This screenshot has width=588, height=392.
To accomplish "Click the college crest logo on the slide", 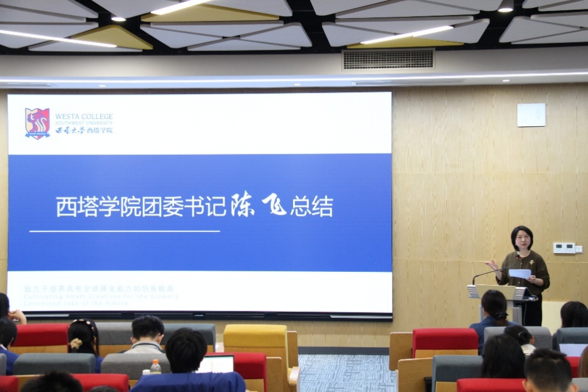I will coord(38,123).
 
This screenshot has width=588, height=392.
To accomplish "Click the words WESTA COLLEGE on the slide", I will coord(84,116).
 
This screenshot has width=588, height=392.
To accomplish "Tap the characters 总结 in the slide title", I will coord(311,207).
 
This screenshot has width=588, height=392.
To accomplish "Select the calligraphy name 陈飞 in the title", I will coord(258,206).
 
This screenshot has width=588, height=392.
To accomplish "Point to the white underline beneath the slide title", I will coord(124,231).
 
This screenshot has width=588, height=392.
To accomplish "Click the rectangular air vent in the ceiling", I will coord(388,59).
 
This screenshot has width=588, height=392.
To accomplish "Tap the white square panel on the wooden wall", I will coord(531,115).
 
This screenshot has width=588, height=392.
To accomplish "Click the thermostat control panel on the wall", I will coord(564,248).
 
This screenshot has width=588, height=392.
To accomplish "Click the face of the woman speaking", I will coord(522,239).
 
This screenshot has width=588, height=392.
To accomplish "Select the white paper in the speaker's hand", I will coord(519,274).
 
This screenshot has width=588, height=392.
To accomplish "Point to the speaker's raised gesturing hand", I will coord(492,265).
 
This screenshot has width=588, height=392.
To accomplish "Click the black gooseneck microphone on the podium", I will coord(495,272).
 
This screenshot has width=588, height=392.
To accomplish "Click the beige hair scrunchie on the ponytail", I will coord(76,344).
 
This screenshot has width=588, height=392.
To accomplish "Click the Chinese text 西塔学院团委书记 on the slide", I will coord(142,207).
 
